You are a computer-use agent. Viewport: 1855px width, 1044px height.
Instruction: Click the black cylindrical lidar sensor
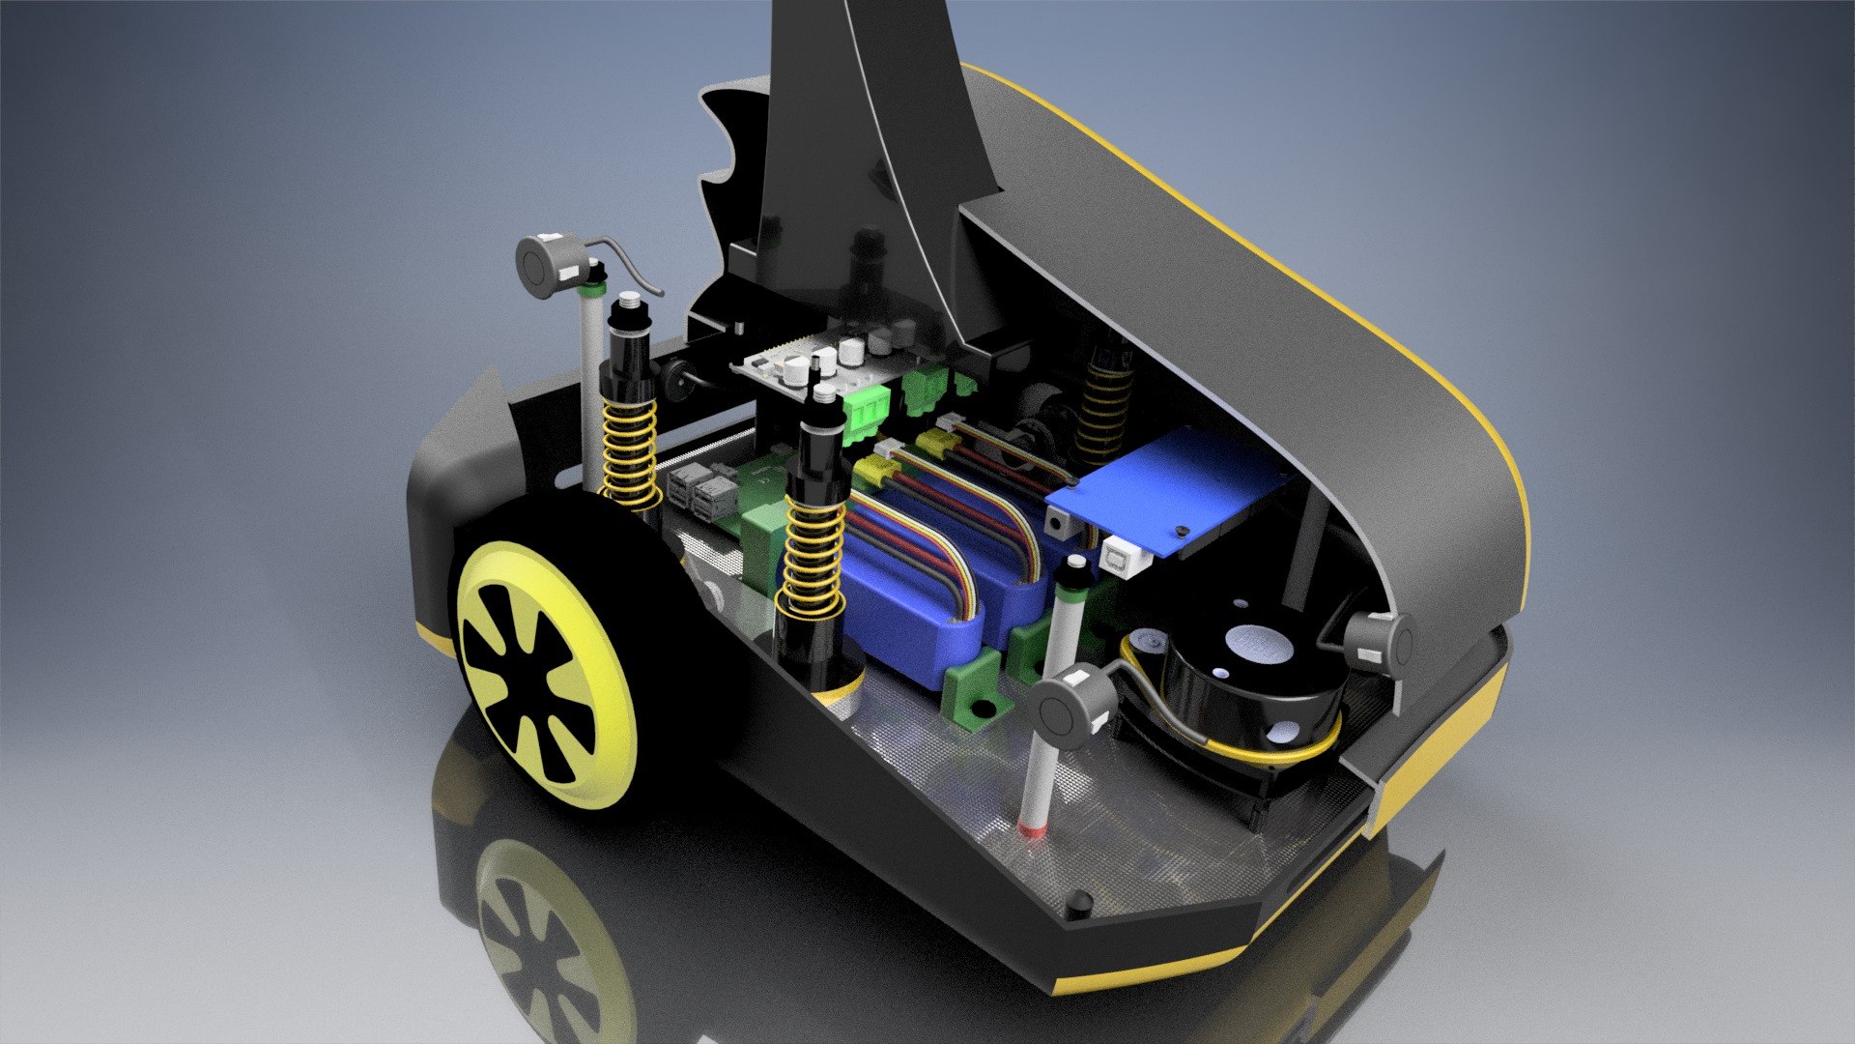click(x=1256, y=677)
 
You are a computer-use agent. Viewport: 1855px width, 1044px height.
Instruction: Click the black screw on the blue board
click(x=1181, y=533)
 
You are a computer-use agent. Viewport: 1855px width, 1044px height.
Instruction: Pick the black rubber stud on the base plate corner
click(x=1077, y=905)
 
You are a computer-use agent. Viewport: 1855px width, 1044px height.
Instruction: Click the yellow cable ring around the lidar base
click(x=1246, y=744)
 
